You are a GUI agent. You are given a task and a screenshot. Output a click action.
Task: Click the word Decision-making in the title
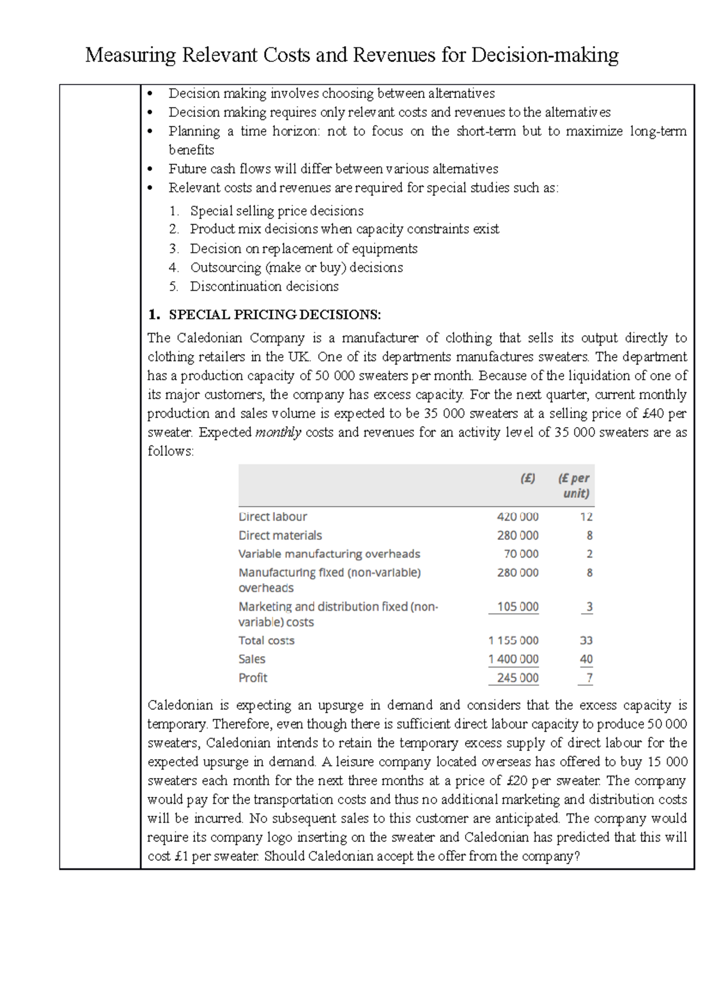click(544, 56)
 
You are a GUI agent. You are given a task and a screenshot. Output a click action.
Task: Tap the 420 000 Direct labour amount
click(518, 517)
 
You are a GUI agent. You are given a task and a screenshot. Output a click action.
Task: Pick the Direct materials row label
click(280, 536)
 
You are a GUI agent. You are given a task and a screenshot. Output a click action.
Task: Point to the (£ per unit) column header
click(574, 486)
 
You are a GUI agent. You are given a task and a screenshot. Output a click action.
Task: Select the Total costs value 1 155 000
click(513, 641)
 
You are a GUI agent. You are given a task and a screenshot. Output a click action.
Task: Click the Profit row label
click(253, 678)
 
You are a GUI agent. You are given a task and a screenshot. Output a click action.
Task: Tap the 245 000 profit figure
click(518, 678)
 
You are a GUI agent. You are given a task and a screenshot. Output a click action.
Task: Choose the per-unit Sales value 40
click(586, 659)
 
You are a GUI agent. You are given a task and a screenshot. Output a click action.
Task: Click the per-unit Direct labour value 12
click(586, 517)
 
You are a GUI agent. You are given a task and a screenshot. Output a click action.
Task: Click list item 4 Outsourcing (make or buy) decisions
click(296, 268)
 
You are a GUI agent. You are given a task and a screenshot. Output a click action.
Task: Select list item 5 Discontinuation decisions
click(264, 286)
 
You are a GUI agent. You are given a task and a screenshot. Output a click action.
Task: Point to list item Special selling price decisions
click(277, 211)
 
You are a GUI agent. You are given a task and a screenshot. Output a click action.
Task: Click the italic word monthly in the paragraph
click(278, 432)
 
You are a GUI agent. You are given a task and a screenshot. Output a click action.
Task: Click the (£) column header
click(528, 478)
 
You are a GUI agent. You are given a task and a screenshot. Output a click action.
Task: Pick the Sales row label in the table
click(252, 659)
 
